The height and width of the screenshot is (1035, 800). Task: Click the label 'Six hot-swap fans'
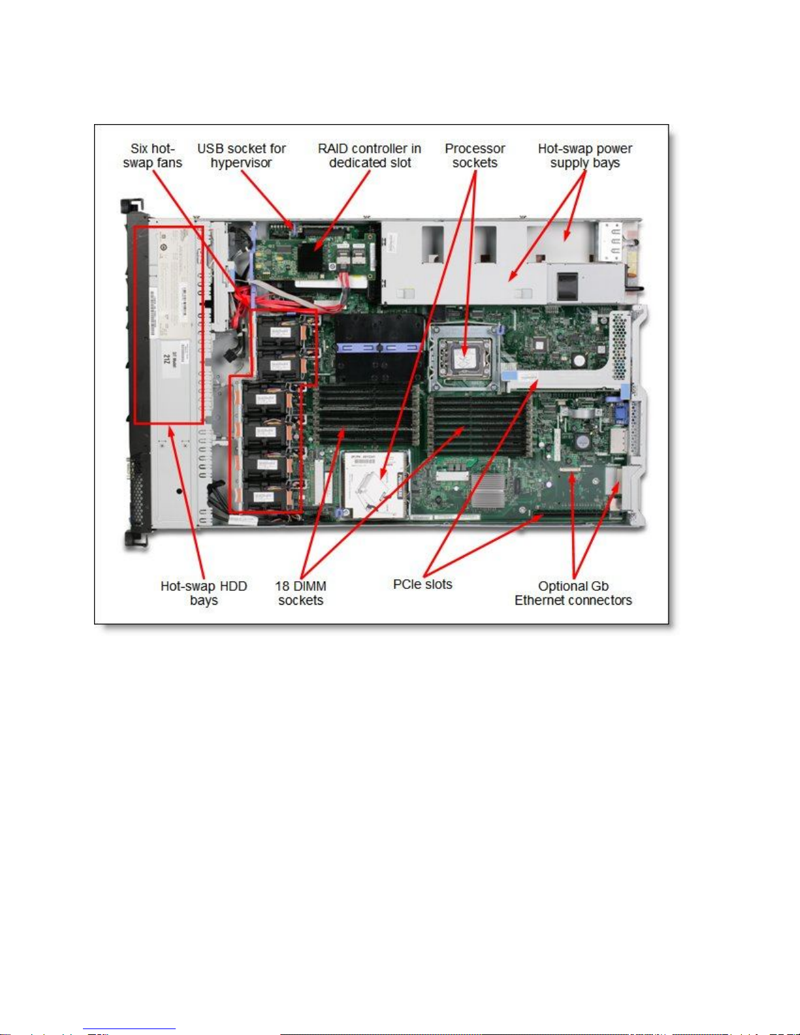coord(152,156)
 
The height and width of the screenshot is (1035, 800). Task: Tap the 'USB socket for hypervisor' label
coord(242,156)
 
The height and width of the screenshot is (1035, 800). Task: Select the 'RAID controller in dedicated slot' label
coord(370,156)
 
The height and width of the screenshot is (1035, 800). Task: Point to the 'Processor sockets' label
coord(475,156)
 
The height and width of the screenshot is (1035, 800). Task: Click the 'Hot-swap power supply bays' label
coord(584,156)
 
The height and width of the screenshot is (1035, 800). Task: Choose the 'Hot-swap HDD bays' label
coord(204,593)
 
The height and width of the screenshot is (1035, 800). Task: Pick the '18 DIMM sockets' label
coord(300,593)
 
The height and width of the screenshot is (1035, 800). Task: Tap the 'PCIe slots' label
coord(423,584)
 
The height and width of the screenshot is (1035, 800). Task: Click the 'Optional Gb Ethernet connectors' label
coord(573,593)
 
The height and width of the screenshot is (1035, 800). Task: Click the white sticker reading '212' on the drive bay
coord(167,358)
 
